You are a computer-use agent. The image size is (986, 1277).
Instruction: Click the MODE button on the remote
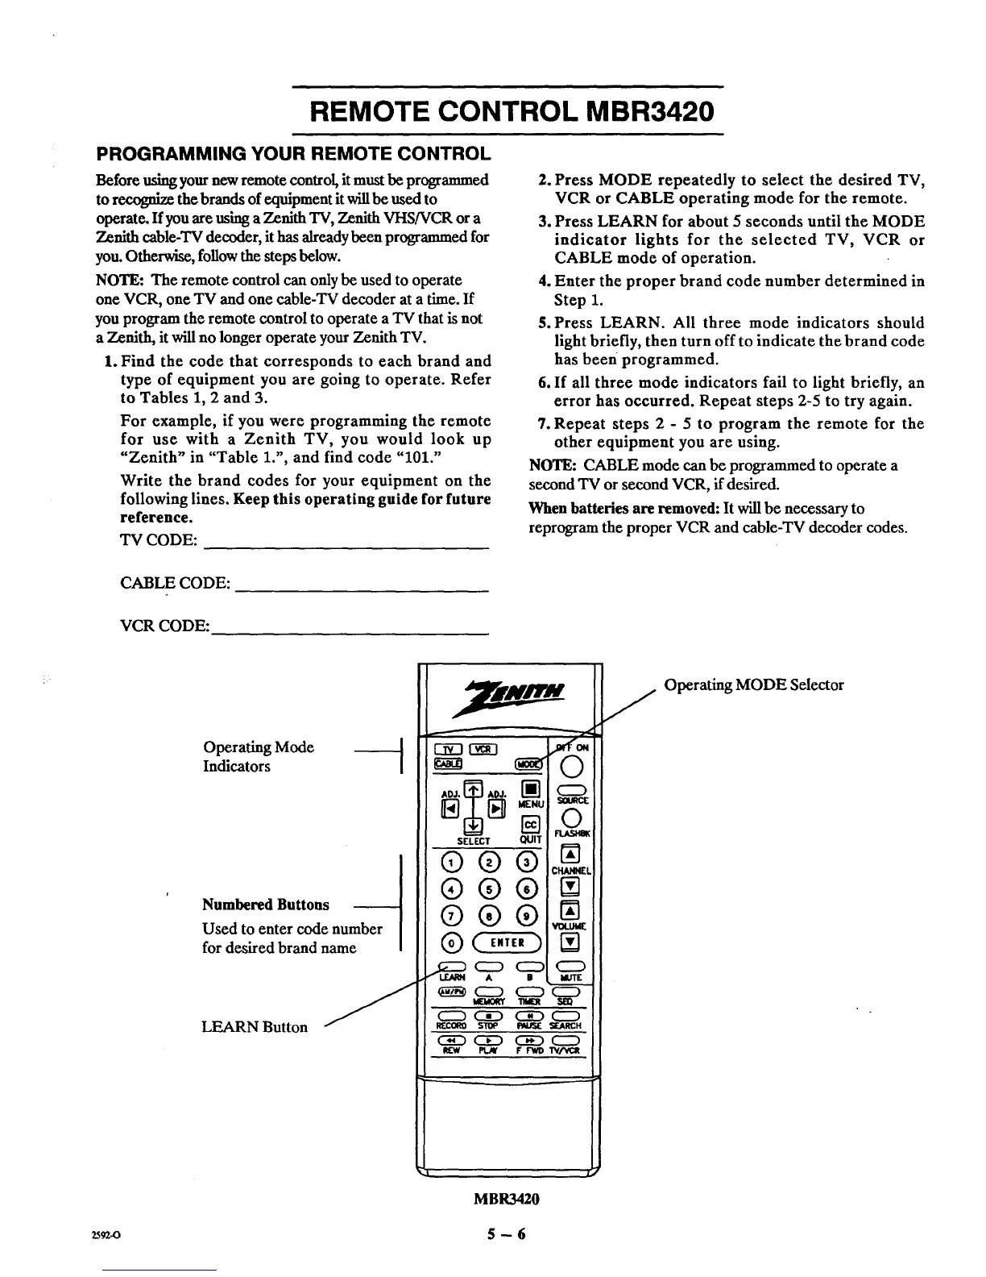pos(530,763)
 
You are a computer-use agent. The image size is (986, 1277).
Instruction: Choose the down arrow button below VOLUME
pos(570,942)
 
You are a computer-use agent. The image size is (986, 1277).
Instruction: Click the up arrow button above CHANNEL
pos(570,855)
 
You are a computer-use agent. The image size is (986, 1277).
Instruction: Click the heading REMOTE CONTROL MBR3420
pos(507,110)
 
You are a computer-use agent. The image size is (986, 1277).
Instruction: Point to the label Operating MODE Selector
pos(754,685)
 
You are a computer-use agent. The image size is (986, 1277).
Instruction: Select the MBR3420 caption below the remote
pos(506,1199)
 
